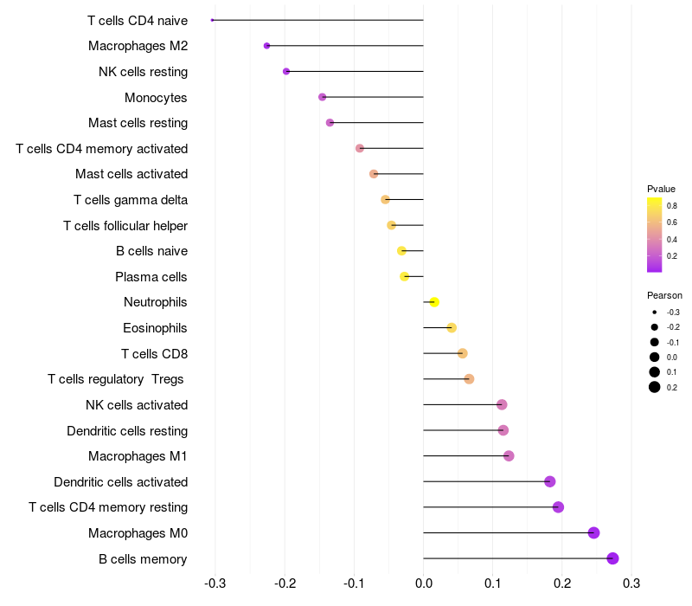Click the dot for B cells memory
[613, 558]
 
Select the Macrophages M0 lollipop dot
[593, 532]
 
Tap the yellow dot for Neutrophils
[434, 302]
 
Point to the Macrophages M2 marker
[266, 46]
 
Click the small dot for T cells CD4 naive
[212, 20]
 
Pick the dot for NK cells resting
[286, 72]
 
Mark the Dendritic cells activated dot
[549, 481]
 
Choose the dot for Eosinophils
[452, 327]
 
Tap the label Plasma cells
[151, 277]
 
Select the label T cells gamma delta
[131, 200]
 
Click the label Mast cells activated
[131, 174]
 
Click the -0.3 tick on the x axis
[215, 582]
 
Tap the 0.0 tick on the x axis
[423, 582]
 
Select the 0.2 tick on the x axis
[562, 582]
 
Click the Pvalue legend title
[661, 189]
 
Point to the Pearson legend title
[664, 295]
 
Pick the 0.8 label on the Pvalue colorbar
[672, 206]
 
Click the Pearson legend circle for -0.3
[655, 312]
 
